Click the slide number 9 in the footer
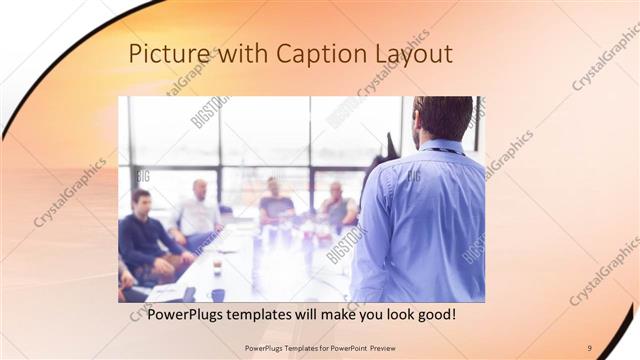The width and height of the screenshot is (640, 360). point(589,347)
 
